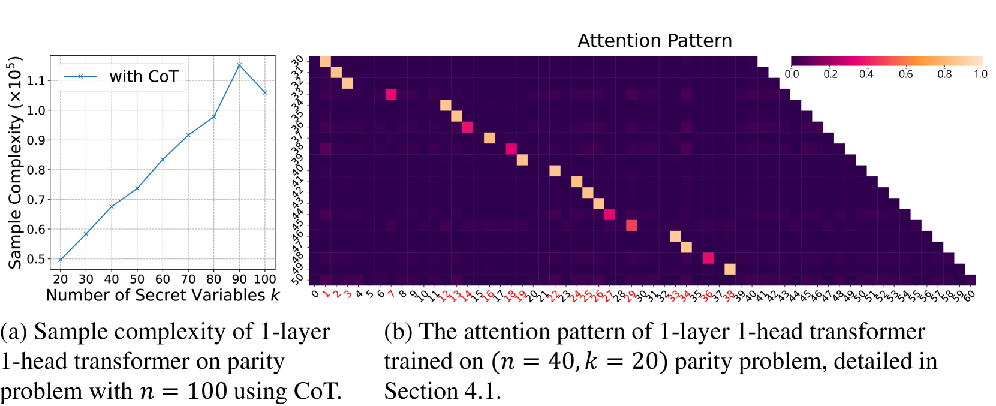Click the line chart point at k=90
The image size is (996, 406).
[239, 65]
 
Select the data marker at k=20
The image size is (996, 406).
[61, 260]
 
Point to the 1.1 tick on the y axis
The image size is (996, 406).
[36, 80]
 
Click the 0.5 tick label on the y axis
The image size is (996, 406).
[36, 259]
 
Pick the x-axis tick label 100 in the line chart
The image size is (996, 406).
[264, 279]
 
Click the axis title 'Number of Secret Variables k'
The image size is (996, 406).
[163, 295]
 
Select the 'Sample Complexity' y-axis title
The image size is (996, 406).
[15, 162]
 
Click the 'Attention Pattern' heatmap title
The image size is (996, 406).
[654, 41]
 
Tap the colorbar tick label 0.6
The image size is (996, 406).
[905, 74]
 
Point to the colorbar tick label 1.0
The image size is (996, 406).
[980, 74]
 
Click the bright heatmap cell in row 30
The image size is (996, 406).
[325, 61]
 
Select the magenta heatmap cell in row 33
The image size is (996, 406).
[391, 94]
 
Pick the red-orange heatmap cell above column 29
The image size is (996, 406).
[631, 225]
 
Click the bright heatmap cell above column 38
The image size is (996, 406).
[730, 269]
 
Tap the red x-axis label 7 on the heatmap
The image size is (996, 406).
[391, 294]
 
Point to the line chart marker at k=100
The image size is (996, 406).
[265, 92]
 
